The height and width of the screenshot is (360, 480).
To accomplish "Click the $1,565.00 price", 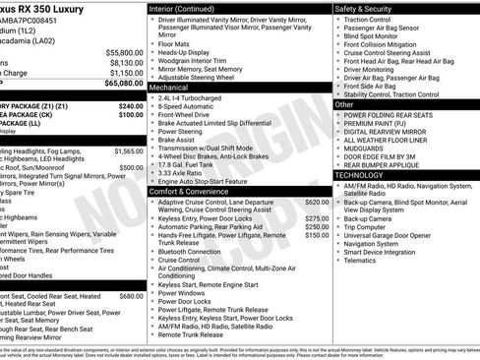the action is click(x=128, y=151).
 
